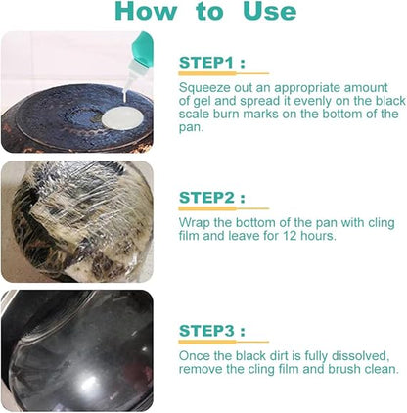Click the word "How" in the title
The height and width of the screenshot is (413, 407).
pos(146,12)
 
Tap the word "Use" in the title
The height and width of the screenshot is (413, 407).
pos(270,12)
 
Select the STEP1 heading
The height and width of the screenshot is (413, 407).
pos(212,63)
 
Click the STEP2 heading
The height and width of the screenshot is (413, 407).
pos(212,198)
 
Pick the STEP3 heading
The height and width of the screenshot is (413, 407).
pos(212,331)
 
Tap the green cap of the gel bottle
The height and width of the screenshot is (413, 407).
pos(144,49)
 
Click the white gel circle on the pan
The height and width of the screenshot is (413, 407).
pos(122,118)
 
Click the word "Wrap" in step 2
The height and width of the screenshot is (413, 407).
pos(195,223)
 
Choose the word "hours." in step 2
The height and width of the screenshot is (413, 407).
pos(318,235)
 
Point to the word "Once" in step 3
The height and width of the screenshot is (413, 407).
pos(195,355)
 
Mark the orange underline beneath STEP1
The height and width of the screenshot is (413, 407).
pos(224,73)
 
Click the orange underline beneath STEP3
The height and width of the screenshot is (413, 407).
pos(224,342)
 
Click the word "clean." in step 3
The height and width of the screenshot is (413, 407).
pos(380,369)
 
